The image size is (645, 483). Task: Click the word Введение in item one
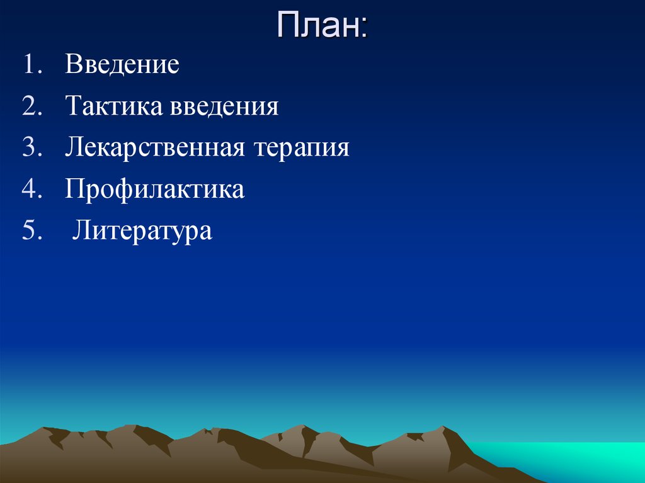point(122,65)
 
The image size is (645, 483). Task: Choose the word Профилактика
point(154,190)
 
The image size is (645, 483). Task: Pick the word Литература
point(142,231)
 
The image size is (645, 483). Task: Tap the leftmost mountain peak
point(46,429)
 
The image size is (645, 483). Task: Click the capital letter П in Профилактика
point(74,190)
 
